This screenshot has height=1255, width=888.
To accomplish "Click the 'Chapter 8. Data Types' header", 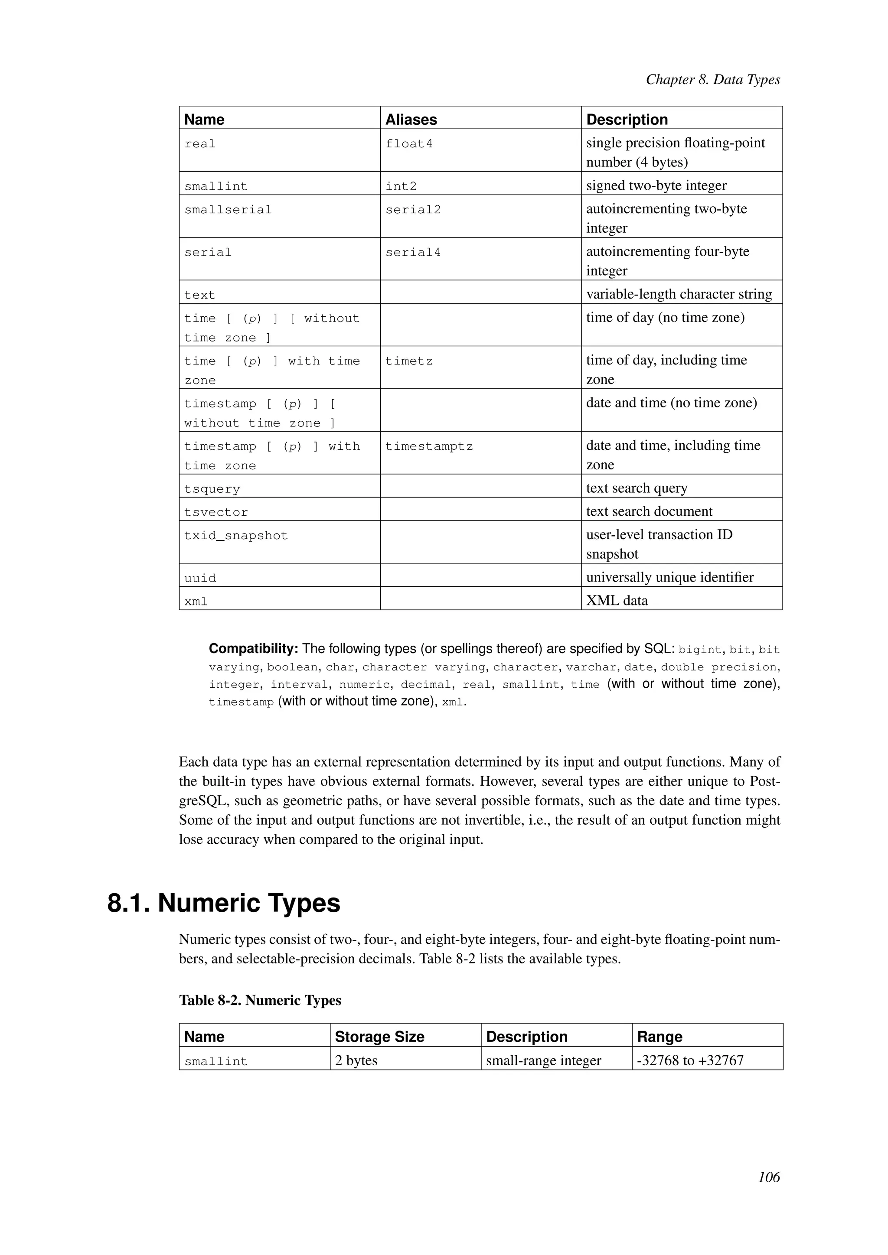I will pyautogui.click(x=712, y=80).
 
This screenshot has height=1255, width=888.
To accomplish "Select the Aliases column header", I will pyautogui.click(x=411, y=120).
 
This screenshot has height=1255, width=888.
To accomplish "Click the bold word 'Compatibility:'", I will pyautogui.click(x=253, y=649).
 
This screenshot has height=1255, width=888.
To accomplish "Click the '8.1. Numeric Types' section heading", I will pyautogui.click(x=224, y=903).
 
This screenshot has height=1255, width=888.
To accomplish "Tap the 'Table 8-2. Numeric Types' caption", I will pyautogui.click(x=260, y=1000).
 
